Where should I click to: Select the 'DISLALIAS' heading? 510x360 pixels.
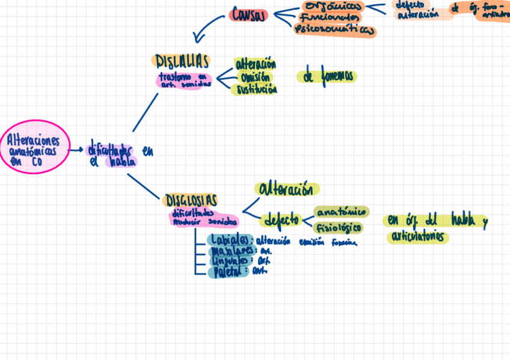(x=182, y=61)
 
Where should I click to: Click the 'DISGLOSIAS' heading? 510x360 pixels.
(x=191, y=200)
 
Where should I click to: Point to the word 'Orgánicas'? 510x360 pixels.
(x=334, y=7)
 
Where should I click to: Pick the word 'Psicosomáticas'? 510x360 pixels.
(x=335, y=30)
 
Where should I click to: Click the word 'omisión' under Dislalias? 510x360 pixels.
(x=254, y=77)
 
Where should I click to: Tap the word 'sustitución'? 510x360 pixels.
(x=257, y=90)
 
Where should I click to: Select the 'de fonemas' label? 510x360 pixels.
(x=327, y=76)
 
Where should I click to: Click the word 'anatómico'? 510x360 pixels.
(x=341, y=212)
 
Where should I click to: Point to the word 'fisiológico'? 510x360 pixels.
(x=338, y=228)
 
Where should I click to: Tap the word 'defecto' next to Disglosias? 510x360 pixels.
(x=283, y=219)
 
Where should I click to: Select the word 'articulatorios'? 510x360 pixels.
(x=419, y=237)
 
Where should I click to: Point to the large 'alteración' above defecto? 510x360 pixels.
(x=286, y=189)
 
